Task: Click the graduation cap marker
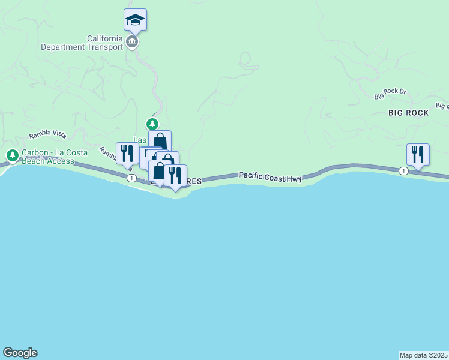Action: tap(135, 20)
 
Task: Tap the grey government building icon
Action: tap(132, 42)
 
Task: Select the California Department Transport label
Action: tap(82, 43)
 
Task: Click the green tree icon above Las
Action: tap(153, 124)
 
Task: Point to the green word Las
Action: tap(139, 140)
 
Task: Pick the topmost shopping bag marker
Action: tap(160, 142)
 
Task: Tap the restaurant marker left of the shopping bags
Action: tap(127, 153)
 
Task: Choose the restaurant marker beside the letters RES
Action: tap(175, 175)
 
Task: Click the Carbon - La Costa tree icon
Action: tap(11, 156)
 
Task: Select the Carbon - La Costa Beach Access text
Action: tap(48, 157)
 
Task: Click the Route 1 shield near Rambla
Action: tap(130, 178)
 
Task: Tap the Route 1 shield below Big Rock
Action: tap(403, 171)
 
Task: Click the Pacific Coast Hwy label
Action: tap(270, 175)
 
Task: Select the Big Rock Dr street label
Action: tap(390, 94)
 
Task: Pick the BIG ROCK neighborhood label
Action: tap(408, 113)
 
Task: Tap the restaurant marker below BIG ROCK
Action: tap(418, 154)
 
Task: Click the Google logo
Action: tap(20, 353)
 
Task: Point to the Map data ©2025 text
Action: tap(424, 355)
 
